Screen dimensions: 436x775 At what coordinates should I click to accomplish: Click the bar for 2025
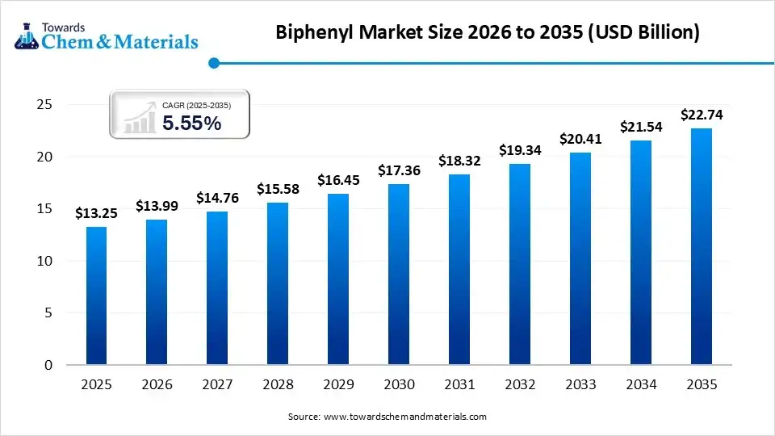(96, 296)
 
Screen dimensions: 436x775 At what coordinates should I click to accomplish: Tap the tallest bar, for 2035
(702, 246)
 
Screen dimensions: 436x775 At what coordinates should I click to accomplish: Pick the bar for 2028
(278, 283)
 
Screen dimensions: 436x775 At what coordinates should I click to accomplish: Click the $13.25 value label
(96, 213)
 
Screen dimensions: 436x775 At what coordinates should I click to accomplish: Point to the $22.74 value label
(702, 115)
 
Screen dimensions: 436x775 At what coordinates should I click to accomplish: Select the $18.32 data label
(459, 161)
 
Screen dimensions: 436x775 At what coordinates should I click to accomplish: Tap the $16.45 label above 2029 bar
(338, 180)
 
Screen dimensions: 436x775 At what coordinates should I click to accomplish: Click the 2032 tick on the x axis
(520, 385)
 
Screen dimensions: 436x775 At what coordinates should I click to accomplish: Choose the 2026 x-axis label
(157, 385)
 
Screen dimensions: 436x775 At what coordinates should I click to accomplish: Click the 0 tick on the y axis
(48, 365)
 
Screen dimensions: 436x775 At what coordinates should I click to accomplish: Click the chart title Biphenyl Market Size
(488, 33)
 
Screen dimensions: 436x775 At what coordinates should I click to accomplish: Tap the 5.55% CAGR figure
(191, 123)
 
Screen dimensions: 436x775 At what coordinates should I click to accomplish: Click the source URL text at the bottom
(387, 417)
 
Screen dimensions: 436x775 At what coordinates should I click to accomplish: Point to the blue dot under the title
(214, 63)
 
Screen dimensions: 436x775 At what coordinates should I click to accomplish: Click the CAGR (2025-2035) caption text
(196, 105)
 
